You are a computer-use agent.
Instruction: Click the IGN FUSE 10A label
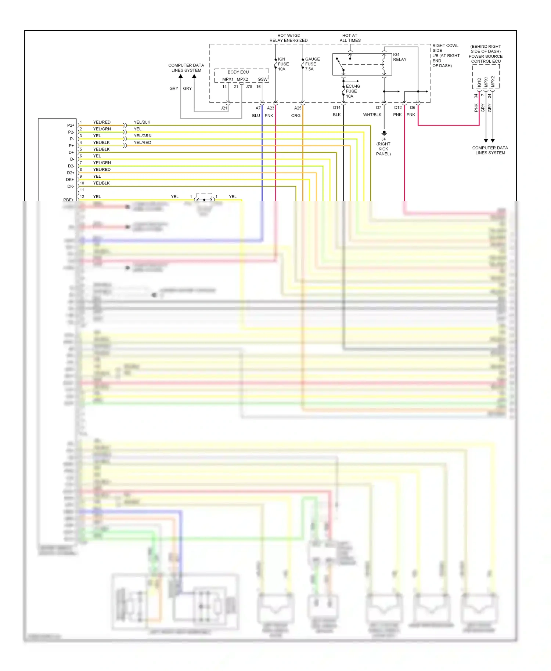283,64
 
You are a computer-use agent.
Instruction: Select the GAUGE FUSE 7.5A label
312,64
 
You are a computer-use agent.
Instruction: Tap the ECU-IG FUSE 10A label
353,91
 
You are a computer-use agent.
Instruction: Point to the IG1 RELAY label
400,57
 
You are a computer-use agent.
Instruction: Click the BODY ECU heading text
238,72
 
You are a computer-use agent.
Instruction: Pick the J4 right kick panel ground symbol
384,133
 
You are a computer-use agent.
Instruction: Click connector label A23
270,108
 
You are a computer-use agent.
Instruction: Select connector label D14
336,108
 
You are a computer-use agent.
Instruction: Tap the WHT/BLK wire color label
372,115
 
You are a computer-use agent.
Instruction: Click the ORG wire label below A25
296,116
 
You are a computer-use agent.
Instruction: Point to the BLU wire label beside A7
256,116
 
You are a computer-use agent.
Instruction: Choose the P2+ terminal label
71,125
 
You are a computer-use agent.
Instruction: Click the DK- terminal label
71,186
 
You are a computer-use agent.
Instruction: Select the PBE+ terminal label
68,200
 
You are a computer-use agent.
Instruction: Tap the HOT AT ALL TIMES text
350,38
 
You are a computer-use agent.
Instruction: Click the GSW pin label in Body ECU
262,79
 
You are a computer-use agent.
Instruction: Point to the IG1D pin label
479,82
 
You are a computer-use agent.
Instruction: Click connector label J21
224,108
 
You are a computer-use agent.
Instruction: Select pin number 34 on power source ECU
476,96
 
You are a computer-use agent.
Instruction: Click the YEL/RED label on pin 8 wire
102,170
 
